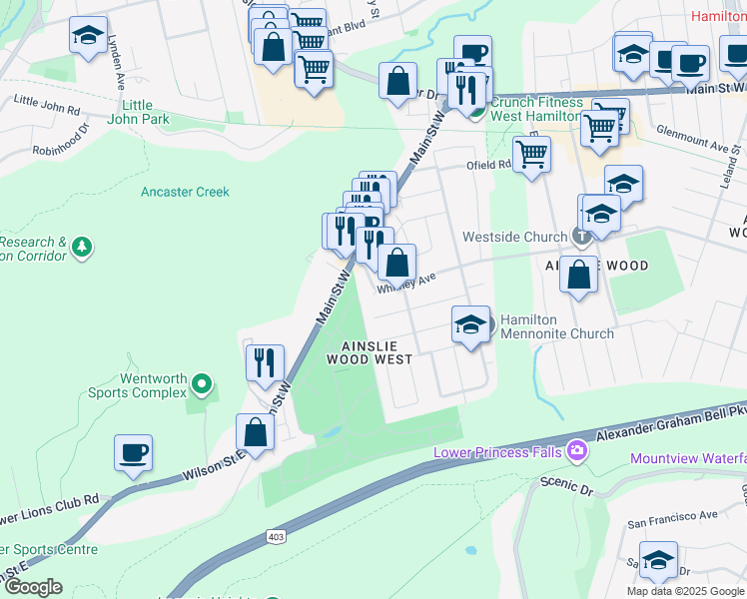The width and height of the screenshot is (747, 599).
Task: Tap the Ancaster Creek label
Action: coord(185,192)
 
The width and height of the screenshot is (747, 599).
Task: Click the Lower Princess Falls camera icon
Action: coord(575,452)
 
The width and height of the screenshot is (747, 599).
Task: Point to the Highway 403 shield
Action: coord(275,538)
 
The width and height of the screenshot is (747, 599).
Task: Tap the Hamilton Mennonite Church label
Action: coord(556,325)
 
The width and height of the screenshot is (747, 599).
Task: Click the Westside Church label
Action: coord(514,238)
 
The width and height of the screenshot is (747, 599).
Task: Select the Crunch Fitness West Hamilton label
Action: coord(537,110)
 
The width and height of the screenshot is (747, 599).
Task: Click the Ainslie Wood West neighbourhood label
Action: coord(370,352)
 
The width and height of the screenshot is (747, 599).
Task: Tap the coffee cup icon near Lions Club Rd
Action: coord(133,453)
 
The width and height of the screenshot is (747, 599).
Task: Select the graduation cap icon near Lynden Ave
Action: coord(89,36)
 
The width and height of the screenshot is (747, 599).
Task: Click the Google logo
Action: coord(33,586)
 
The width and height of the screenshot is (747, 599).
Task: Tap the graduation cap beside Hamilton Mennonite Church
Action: coord(470,323)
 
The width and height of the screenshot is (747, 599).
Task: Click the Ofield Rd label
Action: coord(490,165)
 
